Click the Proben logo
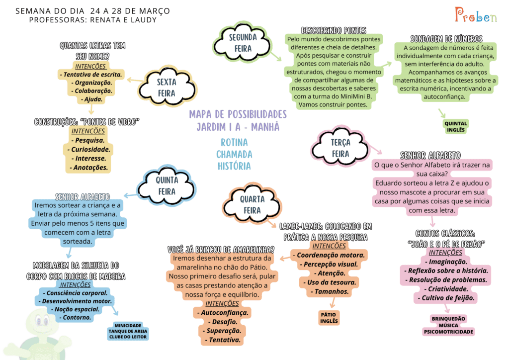[476, 15]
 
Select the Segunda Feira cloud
[243, 43]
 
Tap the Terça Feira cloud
[340, 148]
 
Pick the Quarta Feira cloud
[252, 204]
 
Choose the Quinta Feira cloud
[167, 185]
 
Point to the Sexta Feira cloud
[167, 88]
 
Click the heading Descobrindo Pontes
[334, 30]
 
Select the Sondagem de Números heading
[446, 39]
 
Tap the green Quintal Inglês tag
[456, 127]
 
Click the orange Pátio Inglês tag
[329, 317]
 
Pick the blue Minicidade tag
[128, 331]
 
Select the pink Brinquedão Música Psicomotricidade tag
[448, 325]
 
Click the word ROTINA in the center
[234, 143]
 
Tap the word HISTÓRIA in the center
[234, 166]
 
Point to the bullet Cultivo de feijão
[446, 298]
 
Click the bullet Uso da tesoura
[329, 282]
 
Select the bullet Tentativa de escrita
[90, 75]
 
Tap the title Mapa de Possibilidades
[238, 114]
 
